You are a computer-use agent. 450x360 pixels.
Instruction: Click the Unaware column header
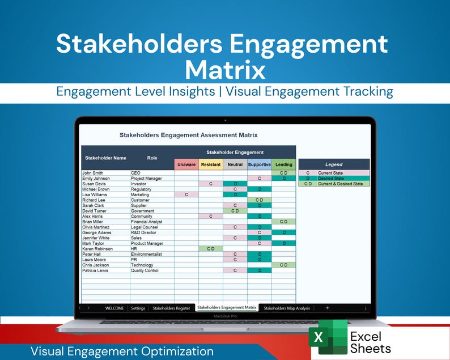pos(186,165)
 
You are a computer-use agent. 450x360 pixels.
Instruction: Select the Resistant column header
pos(211,165)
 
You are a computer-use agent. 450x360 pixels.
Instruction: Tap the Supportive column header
pos(259,165)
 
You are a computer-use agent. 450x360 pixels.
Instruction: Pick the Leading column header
pos(284,165)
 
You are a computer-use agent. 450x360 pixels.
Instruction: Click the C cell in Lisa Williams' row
pos(186,194)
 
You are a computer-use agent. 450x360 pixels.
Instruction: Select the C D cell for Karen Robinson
pos(211,248)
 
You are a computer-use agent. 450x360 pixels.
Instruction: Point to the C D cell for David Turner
pos(235,211)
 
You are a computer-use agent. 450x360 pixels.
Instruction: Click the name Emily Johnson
pos(96,179)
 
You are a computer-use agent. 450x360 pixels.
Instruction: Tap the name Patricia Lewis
pos(96,270)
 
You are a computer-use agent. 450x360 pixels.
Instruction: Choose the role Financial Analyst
pos(147,222)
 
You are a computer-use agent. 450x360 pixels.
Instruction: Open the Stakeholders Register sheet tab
pos(171,308)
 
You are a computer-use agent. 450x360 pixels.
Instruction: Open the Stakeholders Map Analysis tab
pos(287,308)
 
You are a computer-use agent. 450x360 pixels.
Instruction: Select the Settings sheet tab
pos(138,308)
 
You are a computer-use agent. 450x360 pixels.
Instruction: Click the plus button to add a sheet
pos(327,308)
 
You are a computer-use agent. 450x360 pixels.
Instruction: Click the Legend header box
pos(334,164)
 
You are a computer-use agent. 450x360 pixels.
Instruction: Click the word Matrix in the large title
pos(225,70)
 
